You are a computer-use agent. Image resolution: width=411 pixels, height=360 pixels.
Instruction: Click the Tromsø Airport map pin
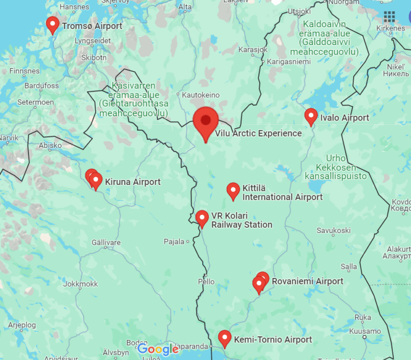point(52,24)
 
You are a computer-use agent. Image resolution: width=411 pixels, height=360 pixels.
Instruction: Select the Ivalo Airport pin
point(310,116)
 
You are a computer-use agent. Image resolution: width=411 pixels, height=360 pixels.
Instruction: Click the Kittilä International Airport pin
point(233,190)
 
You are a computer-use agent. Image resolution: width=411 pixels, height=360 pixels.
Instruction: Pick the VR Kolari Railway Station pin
point(202,217)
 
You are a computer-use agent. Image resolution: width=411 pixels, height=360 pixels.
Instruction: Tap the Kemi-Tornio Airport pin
point(225,338)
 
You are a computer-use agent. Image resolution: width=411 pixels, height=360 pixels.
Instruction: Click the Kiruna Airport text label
point(133,182)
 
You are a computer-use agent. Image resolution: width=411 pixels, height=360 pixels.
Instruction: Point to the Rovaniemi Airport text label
point(308,281)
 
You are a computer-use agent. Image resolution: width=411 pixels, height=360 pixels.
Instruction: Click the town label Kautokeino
point(201,95)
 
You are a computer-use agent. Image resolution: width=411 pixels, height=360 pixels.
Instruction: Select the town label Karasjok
point(252,50)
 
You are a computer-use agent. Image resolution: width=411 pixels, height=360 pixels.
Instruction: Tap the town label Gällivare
point(106,243)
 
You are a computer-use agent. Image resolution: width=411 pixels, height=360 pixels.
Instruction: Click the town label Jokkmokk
point(80,284)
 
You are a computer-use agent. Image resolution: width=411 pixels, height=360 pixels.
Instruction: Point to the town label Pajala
point(174,242)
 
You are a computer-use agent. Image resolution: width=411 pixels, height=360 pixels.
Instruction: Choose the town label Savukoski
point(333,230)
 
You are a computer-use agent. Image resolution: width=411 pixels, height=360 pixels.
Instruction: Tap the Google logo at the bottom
point(158,349)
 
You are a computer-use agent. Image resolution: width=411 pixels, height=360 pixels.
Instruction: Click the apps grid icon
point(390,17)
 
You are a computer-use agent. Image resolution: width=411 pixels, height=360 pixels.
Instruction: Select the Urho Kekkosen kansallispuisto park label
point(336,167)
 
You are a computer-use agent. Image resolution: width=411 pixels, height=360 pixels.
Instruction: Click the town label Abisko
point(50,145)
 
